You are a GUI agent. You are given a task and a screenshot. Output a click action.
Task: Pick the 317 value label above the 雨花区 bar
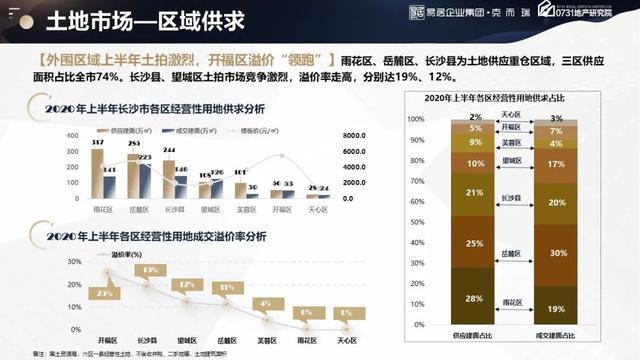pyautogui.click(x=97, y=144)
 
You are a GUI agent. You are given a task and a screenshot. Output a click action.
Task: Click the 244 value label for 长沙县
pyautogui.click(x=169, y=151)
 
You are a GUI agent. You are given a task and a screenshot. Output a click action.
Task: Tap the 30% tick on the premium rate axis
pyautogui.click(x=72, y=261)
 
